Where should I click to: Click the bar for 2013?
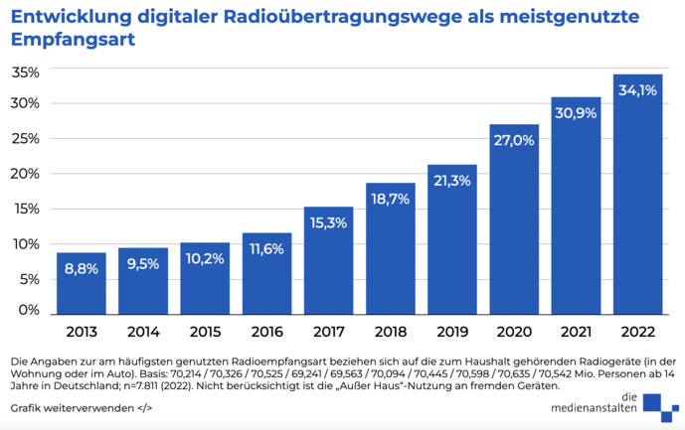[x=82, y=284]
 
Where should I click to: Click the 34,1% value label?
[x=637, y=89]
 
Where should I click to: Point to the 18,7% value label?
[x=390, y=199]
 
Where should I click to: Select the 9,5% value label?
[x=143, y=265]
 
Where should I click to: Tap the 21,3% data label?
[x=451, y=180]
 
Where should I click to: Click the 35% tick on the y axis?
[x=25, y=72]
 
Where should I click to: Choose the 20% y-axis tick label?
[x=25, y=174]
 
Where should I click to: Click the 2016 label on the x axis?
[x=266, y=332]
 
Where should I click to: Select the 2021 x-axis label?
[x=576, y=332]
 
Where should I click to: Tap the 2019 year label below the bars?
[x=451, y=332]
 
